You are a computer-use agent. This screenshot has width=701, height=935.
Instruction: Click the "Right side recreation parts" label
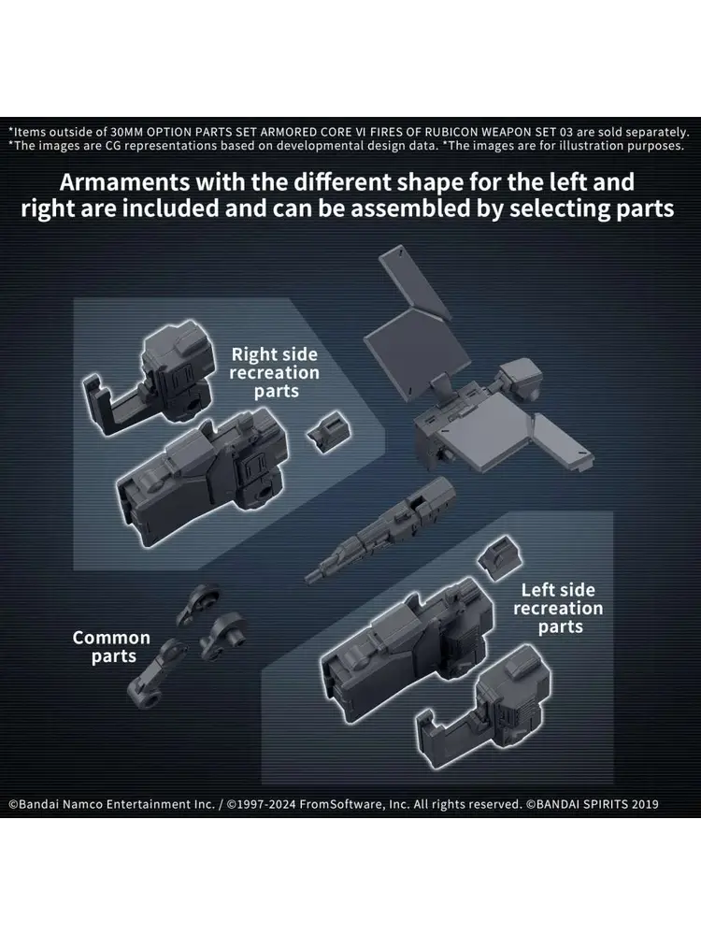(x=274, y=373)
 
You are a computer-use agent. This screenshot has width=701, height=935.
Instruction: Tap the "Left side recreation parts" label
(x=558, y=609)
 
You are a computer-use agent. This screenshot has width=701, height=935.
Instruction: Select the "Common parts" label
(x=111, y=647)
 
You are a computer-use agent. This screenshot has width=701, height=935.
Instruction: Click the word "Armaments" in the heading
(x=124, y=182)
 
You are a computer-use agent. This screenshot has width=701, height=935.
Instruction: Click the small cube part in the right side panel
(x=328, y=430)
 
